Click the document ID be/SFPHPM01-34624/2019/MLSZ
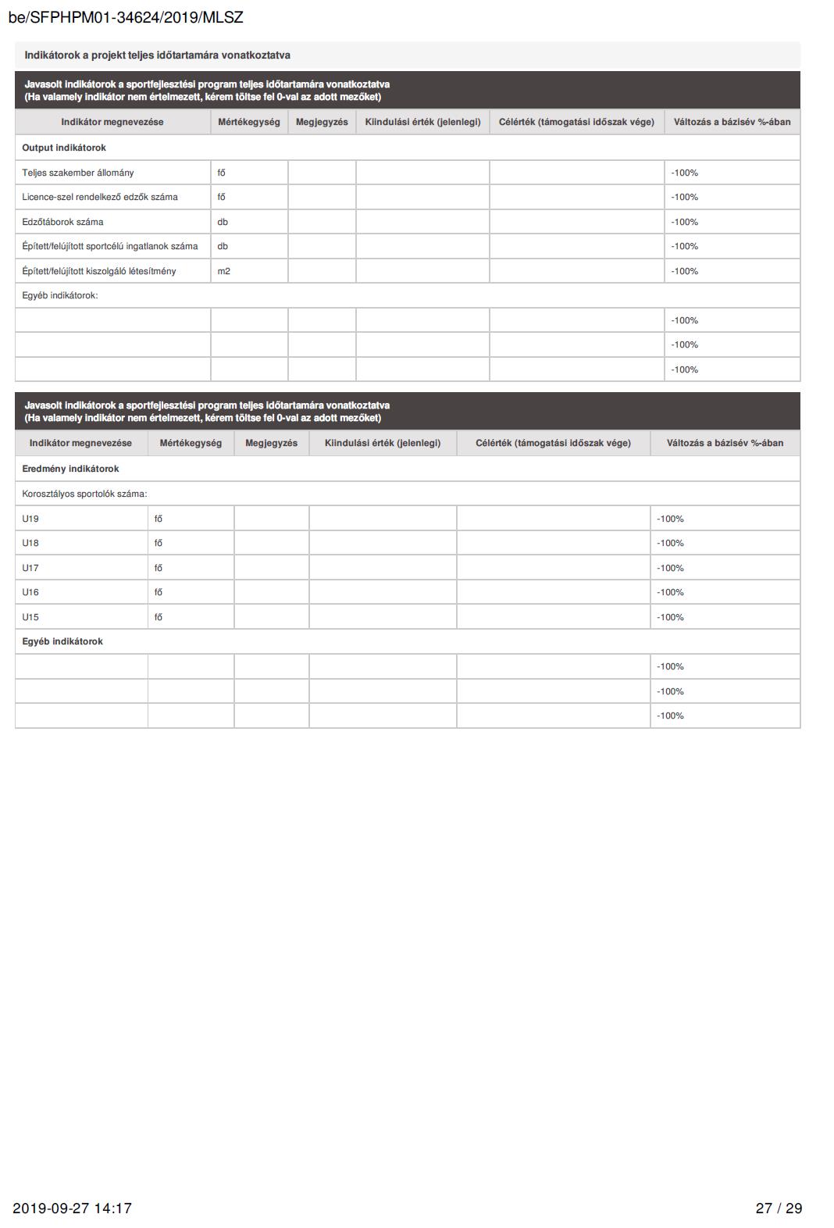pos(126,17)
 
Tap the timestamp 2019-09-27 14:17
pos(72,1208)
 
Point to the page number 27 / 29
pos(779,1208)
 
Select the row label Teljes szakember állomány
pos(78,173)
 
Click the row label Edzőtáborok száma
pos(62,222)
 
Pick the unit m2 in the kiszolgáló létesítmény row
pos(224,271)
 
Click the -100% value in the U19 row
pos(670,519)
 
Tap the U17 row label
pos(30,568)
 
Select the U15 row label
pos(30,617)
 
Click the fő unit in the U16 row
pos(159,592)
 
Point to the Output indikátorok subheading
pos(64,148)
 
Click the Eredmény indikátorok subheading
pos(70,469)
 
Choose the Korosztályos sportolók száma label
pos(84,494)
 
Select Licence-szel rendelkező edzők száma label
pos(100,197)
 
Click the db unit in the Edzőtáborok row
pos(223,222)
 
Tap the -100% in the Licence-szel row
pos(684,197)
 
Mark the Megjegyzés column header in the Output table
pos(322,122)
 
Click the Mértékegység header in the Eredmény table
pos(191,443)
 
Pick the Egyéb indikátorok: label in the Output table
pos(60,295)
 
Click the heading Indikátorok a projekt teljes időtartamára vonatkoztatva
pos(157,55)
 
